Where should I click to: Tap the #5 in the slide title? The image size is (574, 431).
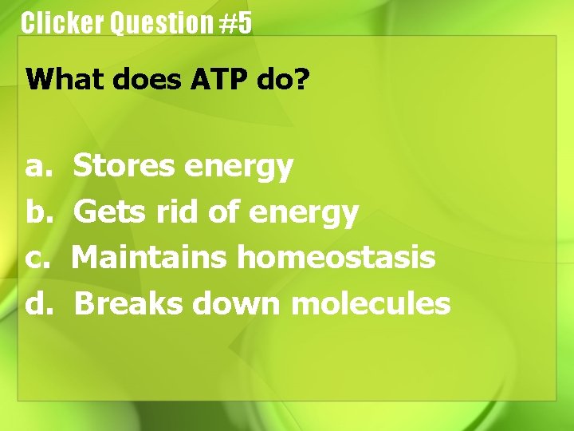(236, 23)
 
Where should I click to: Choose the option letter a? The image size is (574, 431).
(37, 167)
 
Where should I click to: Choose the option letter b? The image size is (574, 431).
(37, 212)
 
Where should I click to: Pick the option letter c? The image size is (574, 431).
(37, 259)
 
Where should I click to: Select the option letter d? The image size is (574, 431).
(37, 303)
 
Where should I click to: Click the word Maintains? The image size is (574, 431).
(151, 258)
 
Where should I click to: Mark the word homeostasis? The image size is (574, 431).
(336, 258)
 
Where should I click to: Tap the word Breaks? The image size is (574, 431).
(128, 303)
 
